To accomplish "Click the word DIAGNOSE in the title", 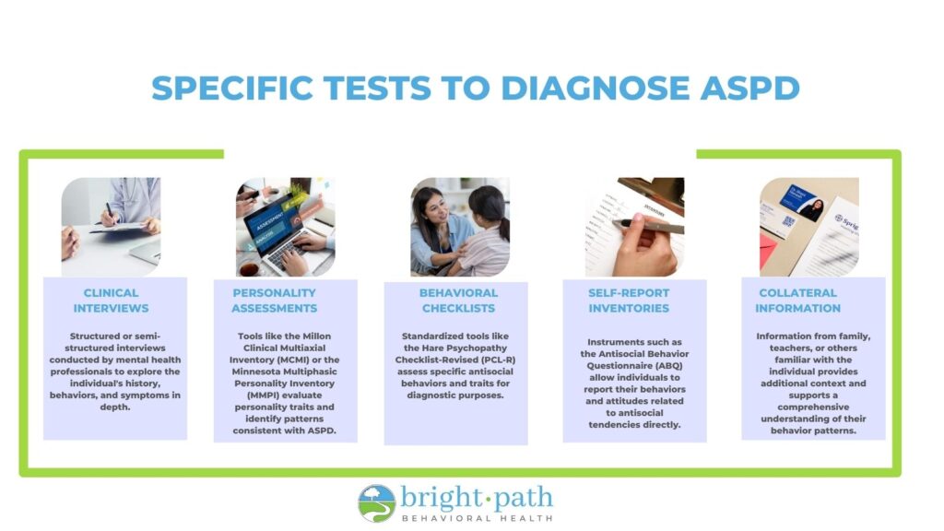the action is point(596,88).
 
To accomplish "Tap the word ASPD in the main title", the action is point(750,88).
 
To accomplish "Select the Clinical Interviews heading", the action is point(111,301).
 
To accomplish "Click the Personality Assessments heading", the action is point(274,301).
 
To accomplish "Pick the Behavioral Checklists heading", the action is point(458,301).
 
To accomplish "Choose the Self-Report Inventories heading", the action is point(629,301).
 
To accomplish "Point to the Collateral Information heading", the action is point(797,301).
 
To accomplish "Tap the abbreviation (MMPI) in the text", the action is point(263,395).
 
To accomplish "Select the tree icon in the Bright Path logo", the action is point(377,503).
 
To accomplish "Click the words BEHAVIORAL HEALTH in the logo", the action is point(477,518).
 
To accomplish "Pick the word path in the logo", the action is point(523,499).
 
